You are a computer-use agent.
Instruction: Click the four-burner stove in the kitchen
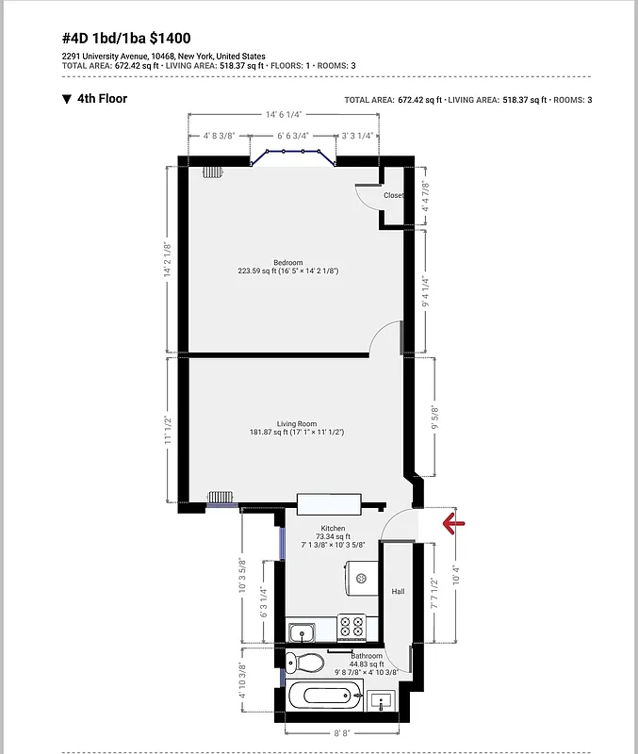coord(352,625)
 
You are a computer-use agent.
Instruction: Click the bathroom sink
coord(383,699)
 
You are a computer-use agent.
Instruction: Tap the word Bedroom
coord(287,262)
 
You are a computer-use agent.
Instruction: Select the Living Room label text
coord(296,423)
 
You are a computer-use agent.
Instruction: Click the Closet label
coord(393,195)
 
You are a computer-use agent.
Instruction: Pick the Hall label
coord(398,591)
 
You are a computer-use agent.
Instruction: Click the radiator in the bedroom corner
coord(212,172)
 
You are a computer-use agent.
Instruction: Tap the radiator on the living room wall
coord(221,498)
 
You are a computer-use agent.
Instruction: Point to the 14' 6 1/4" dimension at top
coord(283,114)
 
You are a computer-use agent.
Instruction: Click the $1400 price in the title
coord(170,39)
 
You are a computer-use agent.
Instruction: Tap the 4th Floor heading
coord(102,98)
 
